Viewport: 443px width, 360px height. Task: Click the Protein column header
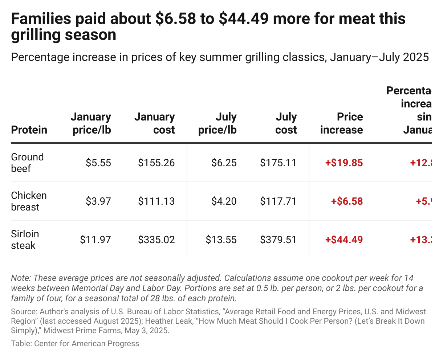pyautogui.click(x=29, y=130)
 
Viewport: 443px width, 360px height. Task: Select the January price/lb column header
pyautogui.click(x=91, y=123)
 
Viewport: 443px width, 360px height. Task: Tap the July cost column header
pyautogui.click(x=286, y=123)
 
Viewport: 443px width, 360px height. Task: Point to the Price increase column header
pyautogui.click(x=341, y=123)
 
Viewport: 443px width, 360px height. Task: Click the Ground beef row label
pyautogui.click(x=27, y=163)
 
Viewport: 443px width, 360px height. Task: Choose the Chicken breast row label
pyautogui.click(x=29, y=201)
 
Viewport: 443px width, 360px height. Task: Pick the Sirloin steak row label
pyautogui.click(x=25, y=240)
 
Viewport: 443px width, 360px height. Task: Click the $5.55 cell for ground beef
pyautogui.click(x=98, y=163)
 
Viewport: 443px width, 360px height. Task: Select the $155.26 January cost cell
pyautogui.click(x=156, y=163)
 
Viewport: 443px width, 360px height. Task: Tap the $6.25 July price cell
pyautogui.click(x=224, y=163)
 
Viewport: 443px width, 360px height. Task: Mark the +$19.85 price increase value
pyautogui.click(x=344, y=163)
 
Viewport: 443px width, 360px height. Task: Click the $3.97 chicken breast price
pyautogui.click(x=98, y=201)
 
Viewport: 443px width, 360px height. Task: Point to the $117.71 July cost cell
pyautogui.click(x=278, y=201)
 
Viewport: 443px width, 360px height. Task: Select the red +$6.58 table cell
pyautogui.click(x=347, y=201)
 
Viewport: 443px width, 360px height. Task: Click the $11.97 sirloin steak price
pyautogui.click(x=95, y=240)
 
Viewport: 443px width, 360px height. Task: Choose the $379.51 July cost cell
pyautogui.click(x=278, y=240)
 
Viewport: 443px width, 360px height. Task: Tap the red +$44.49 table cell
pyautogui.click(x=344, y=240)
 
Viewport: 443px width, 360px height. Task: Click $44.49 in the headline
pyautogui.click(x=243, y=19)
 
